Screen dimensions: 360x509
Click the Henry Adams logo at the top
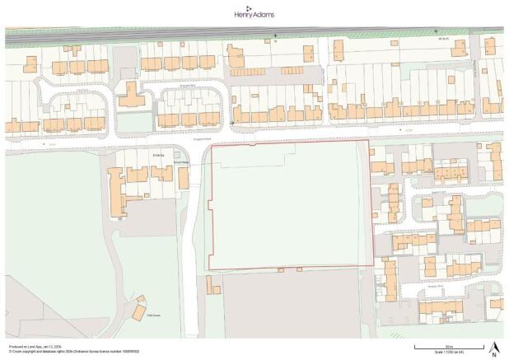(x=254, y=12)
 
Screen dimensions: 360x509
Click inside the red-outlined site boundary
(x=288, y=206)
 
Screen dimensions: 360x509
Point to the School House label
(x=181, y=163)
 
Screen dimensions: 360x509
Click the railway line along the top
(x=247, y=34)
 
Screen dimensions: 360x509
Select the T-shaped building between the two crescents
(x=131, y=95)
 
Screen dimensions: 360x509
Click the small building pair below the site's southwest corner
(x=212, y=285)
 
